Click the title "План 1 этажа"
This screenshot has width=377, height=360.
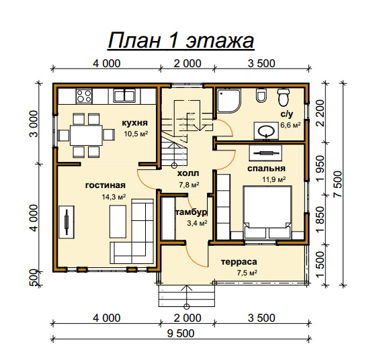(x=181, y=40)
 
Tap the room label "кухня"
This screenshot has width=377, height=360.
(x=134, y=123)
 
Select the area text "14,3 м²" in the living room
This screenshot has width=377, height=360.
(x=114, y=197)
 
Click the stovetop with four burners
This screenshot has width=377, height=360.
(x=84, y=96)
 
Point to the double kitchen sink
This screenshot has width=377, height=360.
(x=124, y=96)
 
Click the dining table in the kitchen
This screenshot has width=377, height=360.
(x=86, y=135)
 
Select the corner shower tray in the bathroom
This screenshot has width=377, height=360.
(x=228, y=101)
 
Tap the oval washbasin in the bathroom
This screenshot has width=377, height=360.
(x=266, y=131)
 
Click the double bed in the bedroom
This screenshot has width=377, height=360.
(x=267, y=212)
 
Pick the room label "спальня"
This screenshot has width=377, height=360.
(x=266, y=169)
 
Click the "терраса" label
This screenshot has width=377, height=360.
(x=239, y=262)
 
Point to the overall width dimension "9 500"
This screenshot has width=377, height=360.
(x=181, y=333)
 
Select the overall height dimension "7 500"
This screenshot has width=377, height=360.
(x=337, y=184)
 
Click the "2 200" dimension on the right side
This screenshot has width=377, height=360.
(x=320, y=113)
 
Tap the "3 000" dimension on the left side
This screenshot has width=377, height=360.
(x=34, y=124)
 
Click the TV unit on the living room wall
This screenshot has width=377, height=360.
(x=67, y=222)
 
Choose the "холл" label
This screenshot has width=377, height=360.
(x=188, y=173)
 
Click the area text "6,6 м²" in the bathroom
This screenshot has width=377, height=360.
(x=290, y=125)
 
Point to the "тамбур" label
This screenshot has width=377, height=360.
(x=192, y=212)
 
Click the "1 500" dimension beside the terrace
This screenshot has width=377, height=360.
(x=320, y=265)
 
